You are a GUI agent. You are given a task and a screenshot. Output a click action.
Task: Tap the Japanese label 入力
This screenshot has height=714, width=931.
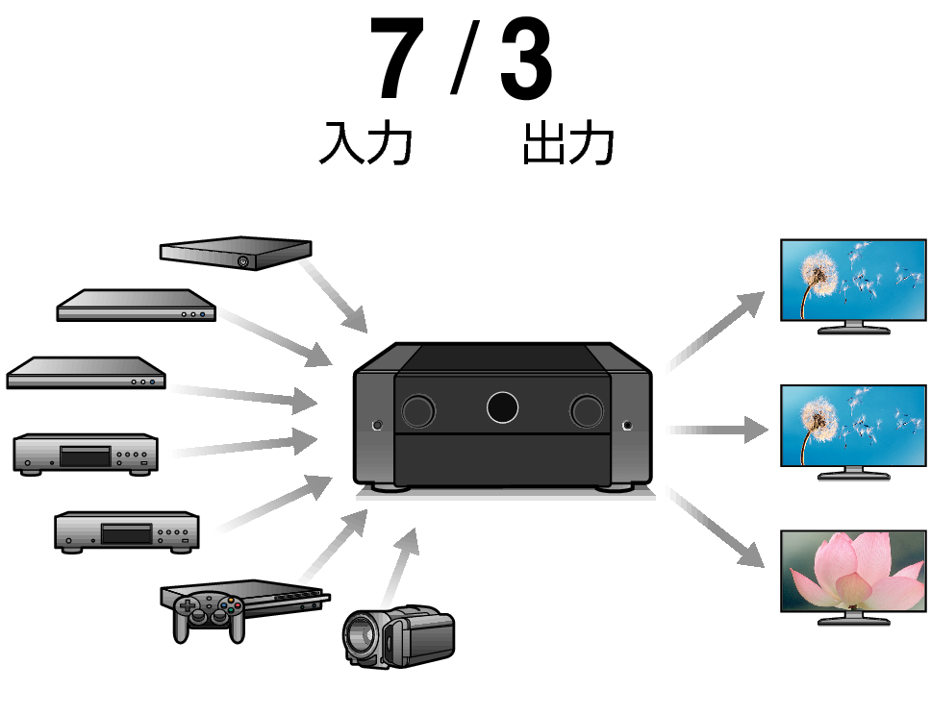coord(365,145)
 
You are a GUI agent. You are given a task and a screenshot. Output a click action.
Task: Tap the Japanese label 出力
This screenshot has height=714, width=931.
coord(567,145)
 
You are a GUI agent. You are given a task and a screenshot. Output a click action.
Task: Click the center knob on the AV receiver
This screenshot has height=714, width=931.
coord(502,406)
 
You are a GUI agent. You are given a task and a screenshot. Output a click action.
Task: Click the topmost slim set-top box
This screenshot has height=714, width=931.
coord(235,253)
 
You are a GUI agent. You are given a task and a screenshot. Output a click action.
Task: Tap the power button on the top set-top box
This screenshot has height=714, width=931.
coord(242,260)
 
